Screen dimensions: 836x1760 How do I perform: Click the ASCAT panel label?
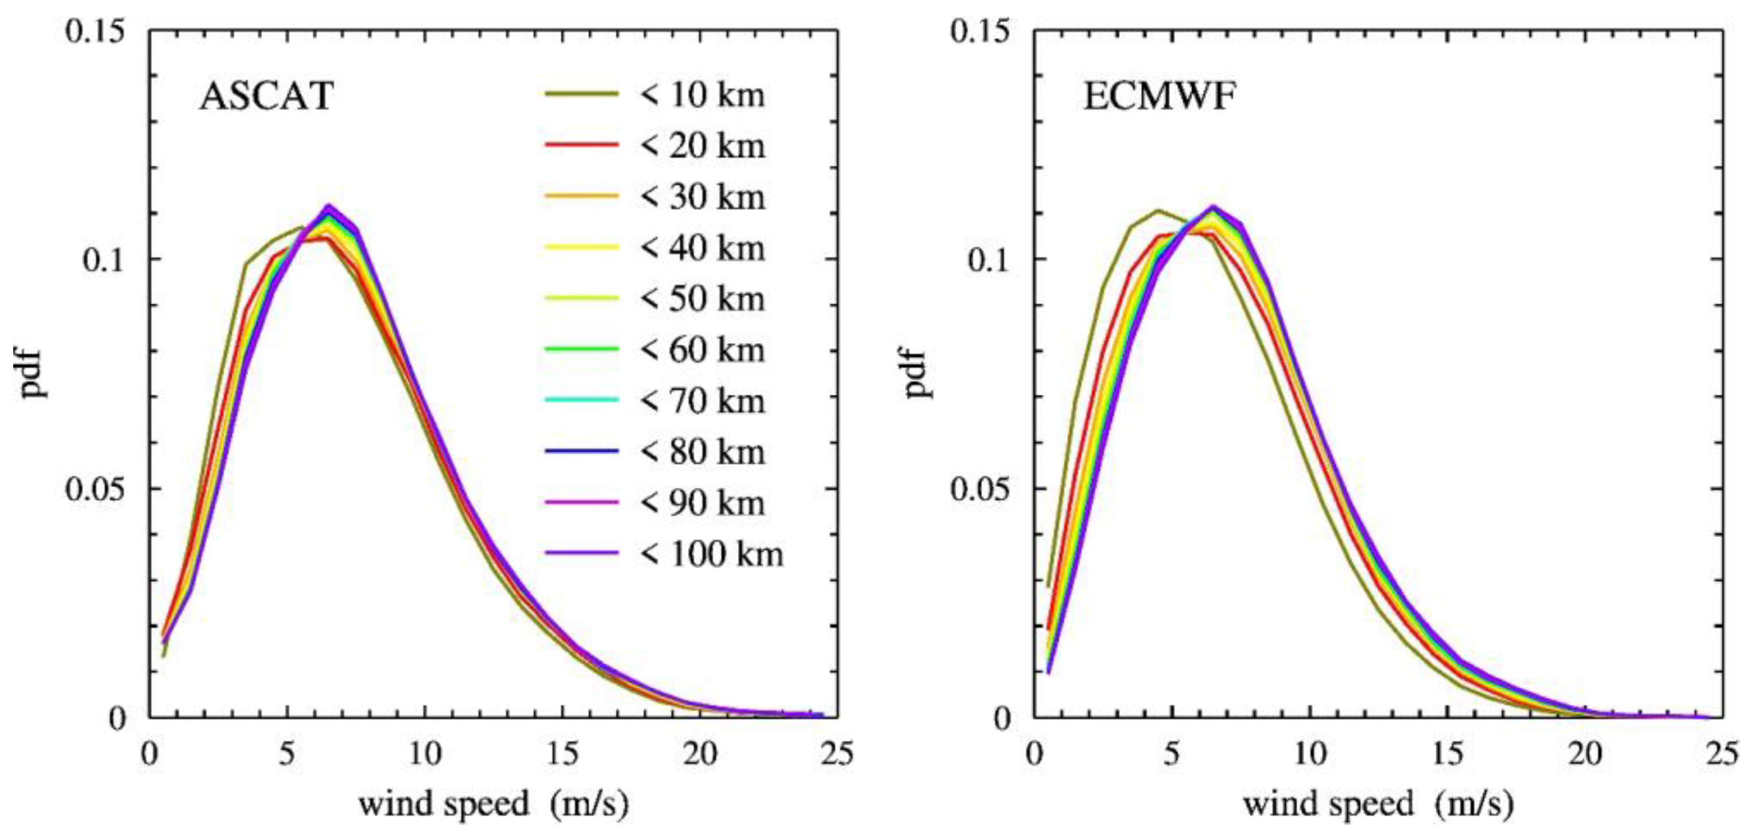[x=266, y=96]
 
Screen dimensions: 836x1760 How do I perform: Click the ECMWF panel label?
[x=1160, y=96]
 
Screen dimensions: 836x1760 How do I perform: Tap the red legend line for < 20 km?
[x=582, y=145]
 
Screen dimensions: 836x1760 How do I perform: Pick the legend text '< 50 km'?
[x=701, y=298]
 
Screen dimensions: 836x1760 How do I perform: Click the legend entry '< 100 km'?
[x=711, y=554]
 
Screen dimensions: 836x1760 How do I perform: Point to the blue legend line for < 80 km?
[x=582, y=452]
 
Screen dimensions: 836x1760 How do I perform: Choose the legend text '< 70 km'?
[x=701, y=401]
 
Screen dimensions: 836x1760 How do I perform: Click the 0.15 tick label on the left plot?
[x=96, y=32]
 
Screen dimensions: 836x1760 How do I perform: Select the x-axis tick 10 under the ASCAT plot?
[x=425, y=754]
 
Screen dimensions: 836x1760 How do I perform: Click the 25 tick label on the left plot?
[x=838, y=754]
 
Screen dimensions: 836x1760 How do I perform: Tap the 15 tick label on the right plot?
[x=1447, y=754]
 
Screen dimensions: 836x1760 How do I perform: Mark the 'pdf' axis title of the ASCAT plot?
[x=32, y=374]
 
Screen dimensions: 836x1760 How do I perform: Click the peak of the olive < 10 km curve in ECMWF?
[x=1158, y=211]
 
